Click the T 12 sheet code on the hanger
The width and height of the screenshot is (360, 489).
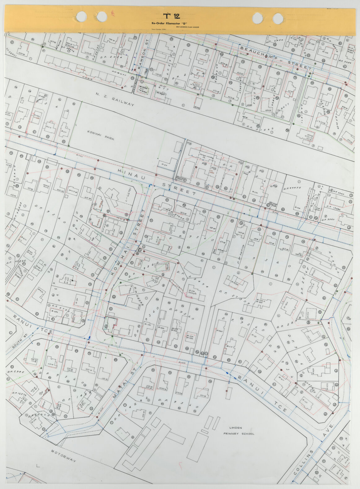[171, 16]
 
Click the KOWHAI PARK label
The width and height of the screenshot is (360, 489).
[100, 136]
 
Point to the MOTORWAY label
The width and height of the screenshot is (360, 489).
[64, 456]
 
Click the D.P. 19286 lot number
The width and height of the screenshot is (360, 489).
[333, 210]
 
